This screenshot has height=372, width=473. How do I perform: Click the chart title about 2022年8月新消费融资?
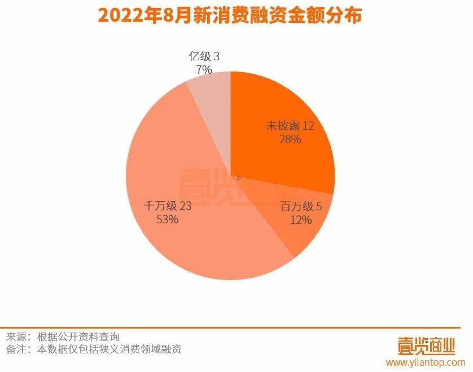click(230, 15)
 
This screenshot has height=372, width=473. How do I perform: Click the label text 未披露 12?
click(290, 125)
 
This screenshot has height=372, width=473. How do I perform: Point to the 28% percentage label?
click(290, 139)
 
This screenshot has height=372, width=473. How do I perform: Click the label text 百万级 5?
click(301, 207)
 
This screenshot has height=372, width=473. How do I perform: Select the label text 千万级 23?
click(168, 206)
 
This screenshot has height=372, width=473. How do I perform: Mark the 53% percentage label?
click(168, 219)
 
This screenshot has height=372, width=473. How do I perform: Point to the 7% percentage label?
click(204, 70)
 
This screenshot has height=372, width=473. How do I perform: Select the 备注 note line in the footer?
click(94, 349)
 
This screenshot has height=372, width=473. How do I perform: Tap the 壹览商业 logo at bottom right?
click(426, 344)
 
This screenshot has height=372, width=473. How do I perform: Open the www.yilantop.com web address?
click(426, 362)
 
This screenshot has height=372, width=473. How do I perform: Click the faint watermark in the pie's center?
click(226, 186)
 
